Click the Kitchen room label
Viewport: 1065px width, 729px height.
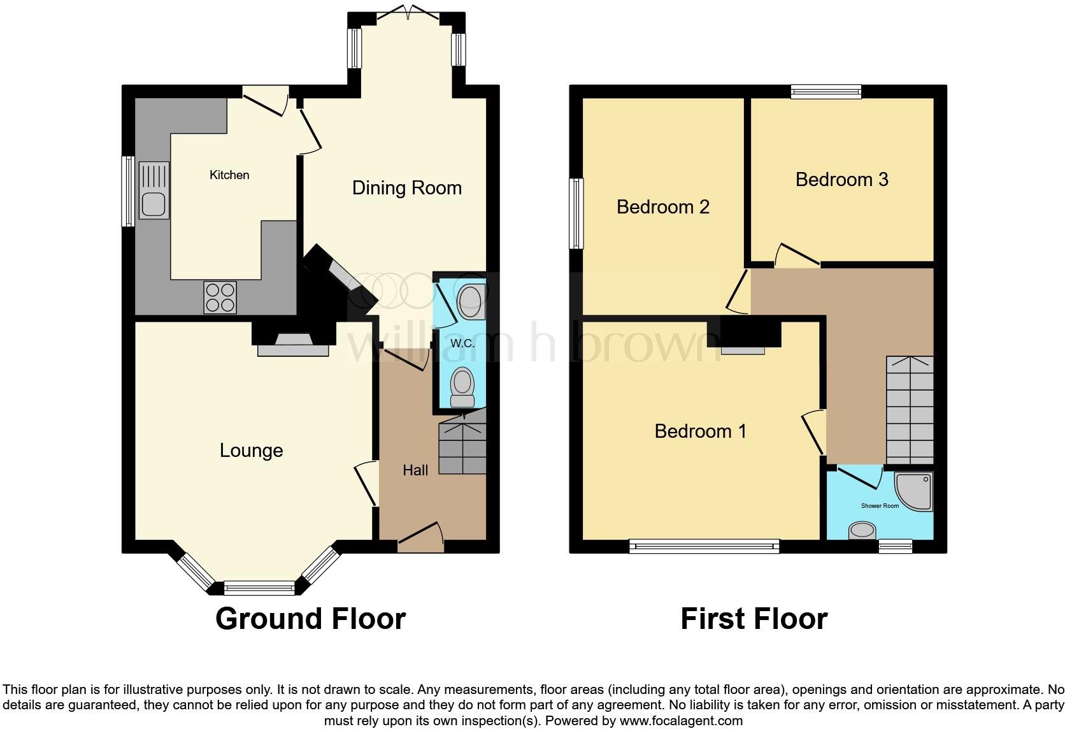[x=229, y=175]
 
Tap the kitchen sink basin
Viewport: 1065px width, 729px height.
[x=154, y=205]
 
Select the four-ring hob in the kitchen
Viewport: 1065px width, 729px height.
[x=220, y=297]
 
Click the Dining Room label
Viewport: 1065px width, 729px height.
[x=406, y=188]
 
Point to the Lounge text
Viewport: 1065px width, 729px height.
[x=251, y=451]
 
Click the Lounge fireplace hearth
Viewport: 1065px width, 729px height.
[x=293, y=350]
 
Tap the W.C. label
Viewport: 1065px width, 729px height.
[x=462, y=343]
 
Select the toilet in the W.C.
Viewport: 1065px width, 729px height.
[x=462, y=386]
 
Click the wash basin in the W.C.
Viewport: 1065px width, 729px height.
[x=471, y=301]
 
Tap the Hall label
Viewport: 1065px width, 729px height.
[x=415, y=470]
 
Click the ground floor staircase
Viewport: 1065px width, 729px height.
[x=462, y=444]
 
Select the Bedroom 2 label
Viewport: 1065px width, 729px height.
[x=662, y=207]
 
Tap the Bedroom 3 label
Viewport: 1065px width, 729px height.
[x=841, y=180]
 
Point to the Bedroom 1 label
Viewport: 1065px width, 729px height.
[x=700, y=431]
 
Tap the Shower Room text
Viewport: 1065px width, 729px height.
[x=880, y=506]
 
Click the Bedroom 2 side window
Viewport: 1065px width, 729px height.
[x=576, y=213]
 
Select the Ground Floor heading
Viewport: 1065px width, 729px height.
[x=310, y=619]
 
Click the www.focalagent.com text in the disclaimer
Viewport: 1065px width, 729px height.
[x=680, y=721]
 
